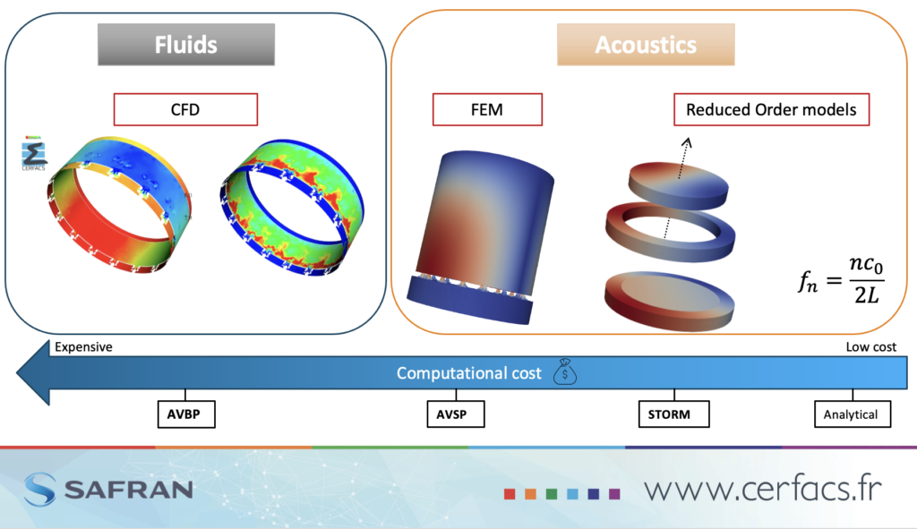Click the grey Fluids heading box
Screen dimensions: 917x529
[186, 45]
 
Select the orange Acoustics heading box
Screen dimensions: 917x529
[646, 45]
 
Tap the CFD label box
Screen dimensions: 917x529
[185, 109]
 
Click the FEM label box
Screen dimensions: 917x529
[487, 109]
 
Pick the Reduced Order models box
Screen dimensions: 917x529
[771, 109]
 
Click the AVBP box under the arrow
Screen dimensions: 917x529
[186, 414]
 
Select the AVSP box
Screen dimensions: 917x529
[456, 414]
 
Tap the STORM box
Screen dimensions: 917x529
[673, 414]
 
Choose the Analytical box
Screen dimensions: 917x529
[853, 414]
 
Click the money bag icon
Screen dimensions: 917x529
[565, 371]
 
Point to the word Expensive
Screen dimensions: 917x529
[83, 347]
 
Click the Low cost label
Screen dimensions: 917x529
[870, 347]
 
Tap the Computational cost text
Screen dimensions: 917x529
[469, 373]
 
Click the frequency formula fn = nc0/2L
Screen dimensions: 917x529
[842, 280]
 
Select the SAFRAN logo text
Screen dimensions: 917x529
[129, 490]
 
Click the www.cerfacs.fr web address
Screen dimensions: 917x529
[763, 488]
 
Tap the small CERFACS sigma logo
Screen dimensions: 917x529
[33, 154]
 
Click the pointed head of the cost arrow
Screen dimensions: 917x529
[18, 372]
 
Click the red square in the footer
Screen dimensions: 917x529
[510, 494]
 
